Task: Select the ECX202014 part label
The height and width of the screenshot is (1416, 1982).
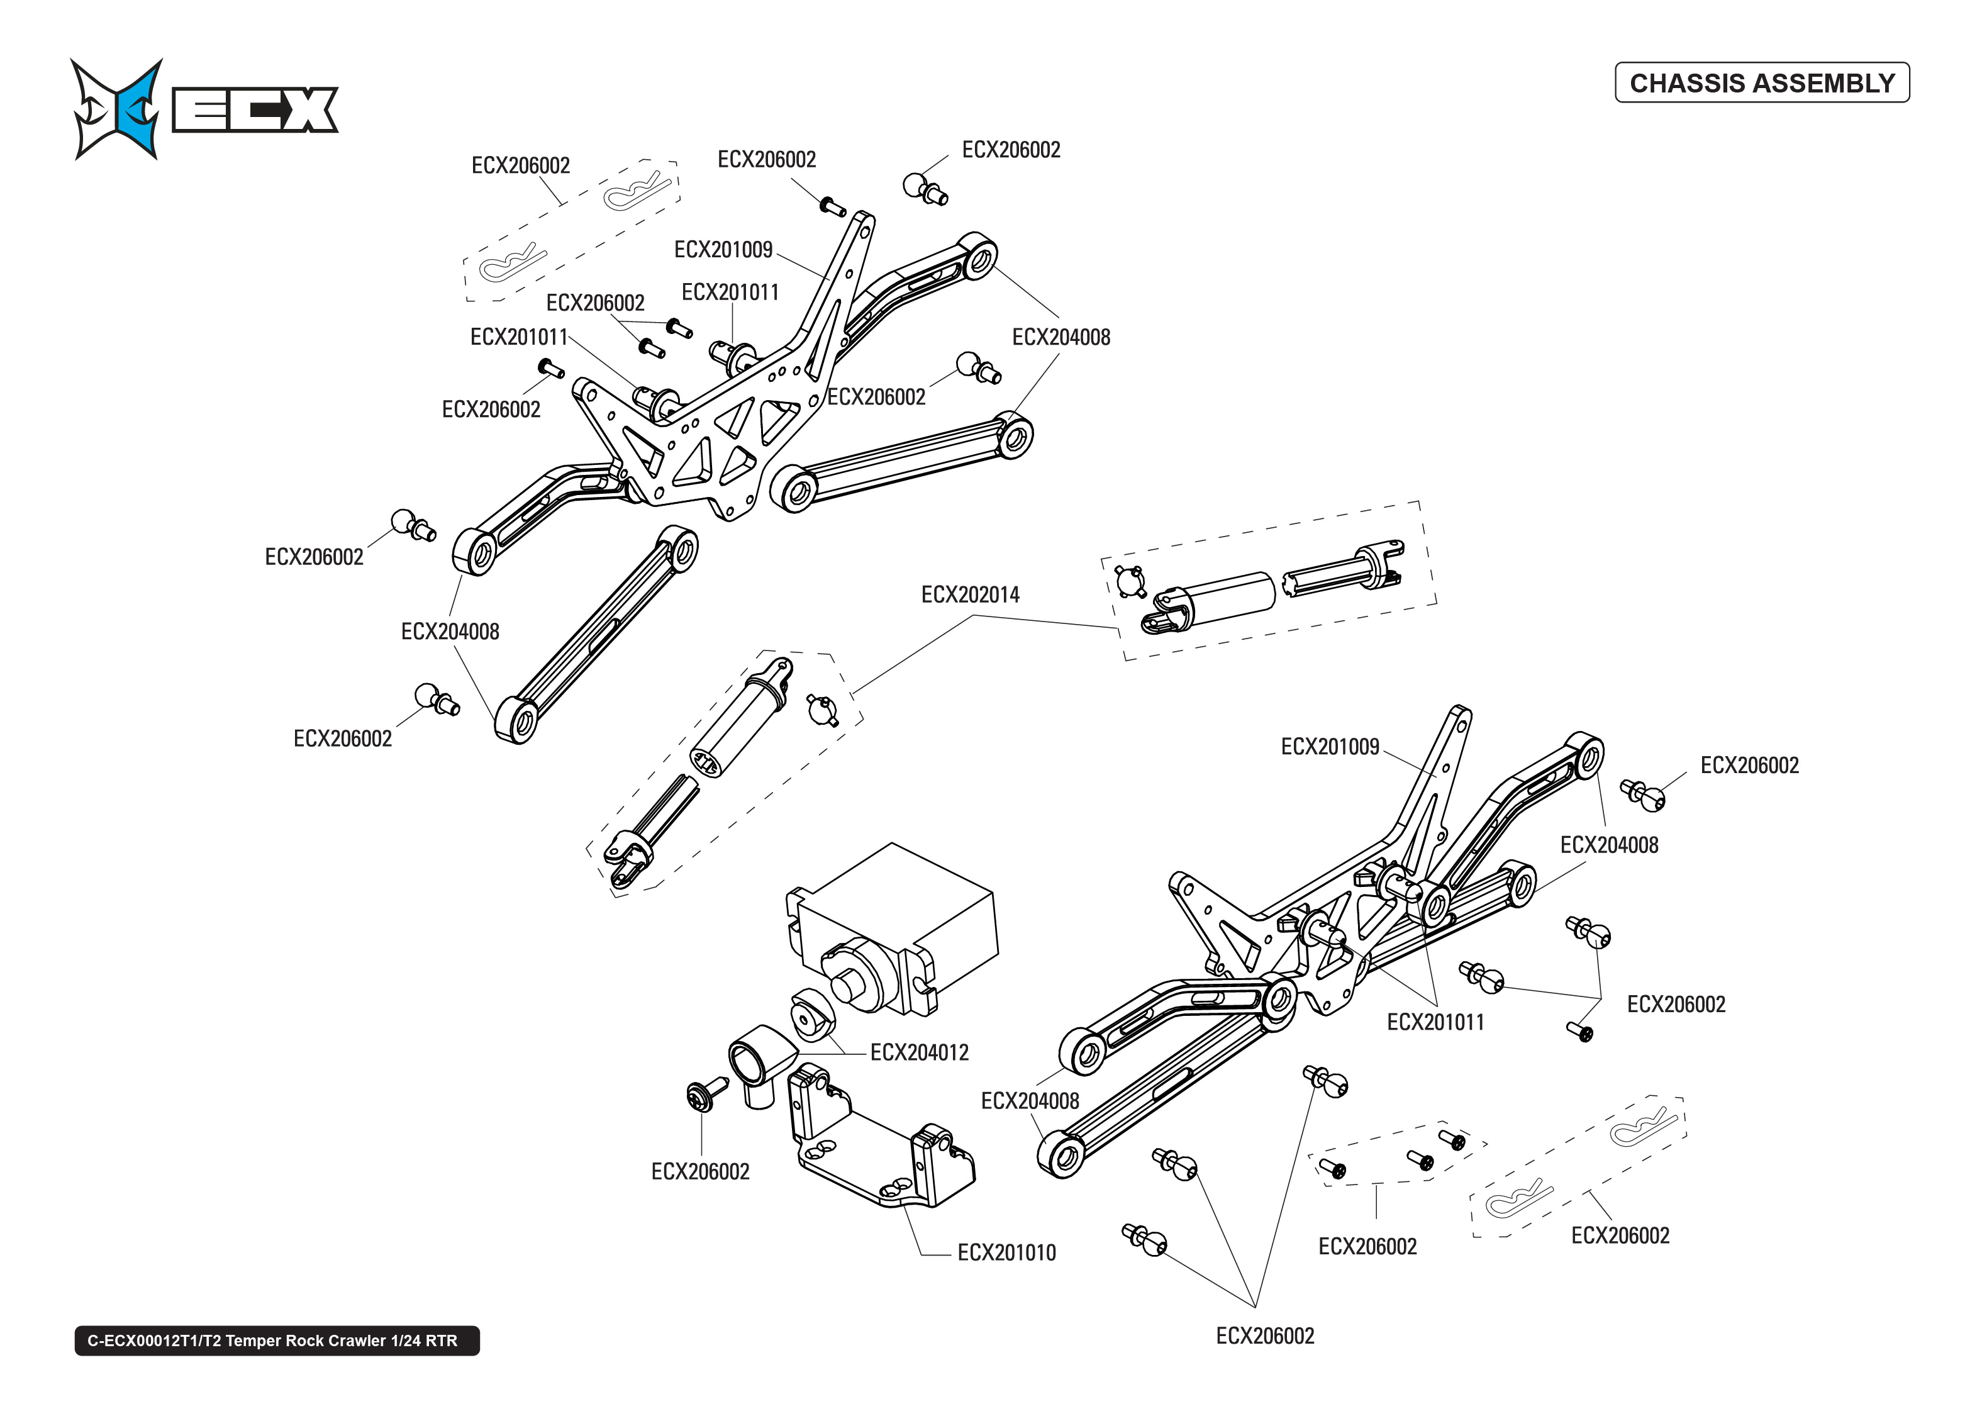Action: point(969,594)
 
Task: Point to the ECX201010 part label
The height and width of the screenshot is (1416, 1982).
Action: point(1006,1253)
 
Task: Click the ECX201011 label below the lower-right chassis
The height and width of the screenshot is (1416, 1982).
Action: point(1435,1022)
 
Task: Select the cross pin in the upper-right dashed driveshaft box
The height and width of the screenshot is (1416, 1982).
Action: point(1130,581)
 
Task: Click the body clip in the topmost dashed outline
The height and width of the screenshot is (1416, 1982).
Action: point(638,188)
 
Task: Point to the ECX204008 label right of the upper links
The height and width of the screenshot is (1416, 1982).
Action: point(1060,337)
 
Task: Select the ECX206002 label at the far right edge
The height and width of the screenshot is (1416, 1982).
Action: point(1749,766)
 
